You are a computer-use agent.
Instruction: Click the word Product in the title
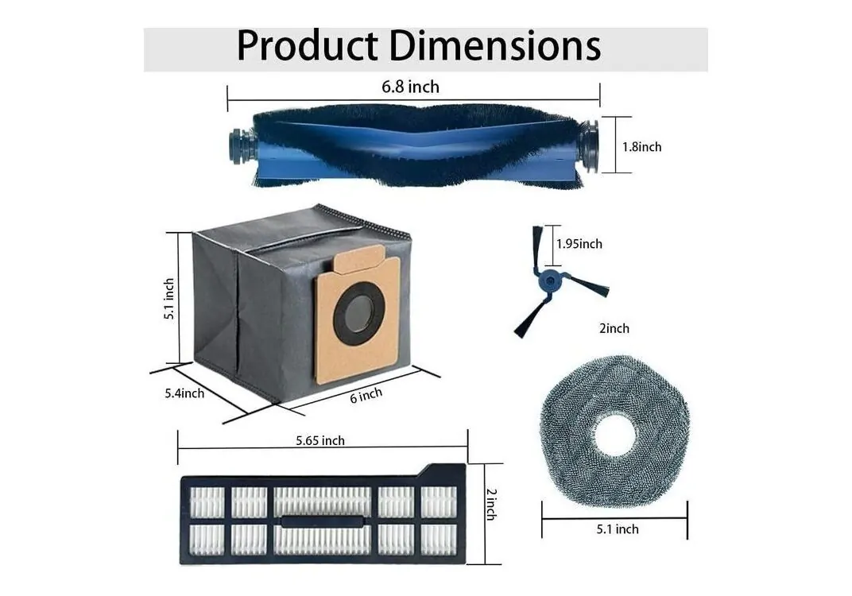tap(307, 45)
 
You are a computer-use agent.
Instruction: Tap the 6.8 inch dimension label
tap(410, 87)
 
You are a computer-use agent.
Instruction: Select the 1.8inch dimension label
tap(641, 147)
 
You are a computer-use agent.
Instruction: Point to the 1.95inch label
tap(579, 244)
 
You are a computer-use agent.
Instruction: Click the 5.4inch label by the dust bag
tap(184, 393)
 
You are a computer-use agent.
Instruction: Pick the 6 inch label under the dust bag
tap(366, 395)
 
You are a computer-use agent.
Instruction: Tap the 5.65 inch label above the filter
tap(320, 440)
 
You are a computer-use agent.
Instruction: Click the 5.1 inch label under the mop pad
tap(618, 529)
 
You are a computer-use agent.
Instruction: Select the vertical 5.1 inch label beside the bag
tap(169, 299)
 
